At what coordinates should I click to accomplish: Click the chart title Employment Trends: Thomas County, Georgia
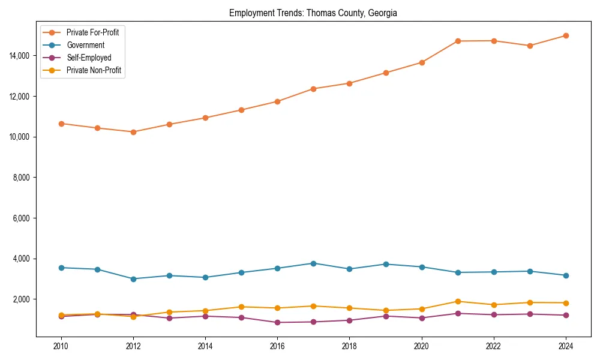pos(313,13)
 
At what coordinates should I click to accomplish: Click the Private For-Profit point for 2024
pos(566,35)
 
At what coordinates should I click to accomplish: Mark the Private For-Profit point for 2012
pos(133,132)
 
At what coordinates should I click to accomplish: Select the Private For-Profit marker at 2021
pos(458,41)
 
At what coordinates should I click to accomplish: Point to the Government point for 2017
pos(313,263)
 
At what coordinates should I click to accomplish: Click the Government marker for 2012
pos(133,279)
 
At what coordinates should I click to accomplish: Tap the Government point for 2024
pos(566,275)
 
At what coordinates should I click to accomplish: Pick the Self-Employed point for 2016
pos(277,322)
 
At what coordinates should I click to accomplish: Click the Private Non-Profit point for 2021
pos(458,302)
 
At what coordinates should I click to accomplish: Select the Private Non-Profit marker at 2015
pos(241,307)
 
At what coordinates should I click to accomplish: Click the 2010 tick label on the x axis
pos(61,346)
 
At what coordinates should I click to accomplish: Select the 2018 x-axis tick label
pos(349,346)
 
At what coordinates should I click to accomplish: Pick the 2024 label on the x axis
pos(566,346)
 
